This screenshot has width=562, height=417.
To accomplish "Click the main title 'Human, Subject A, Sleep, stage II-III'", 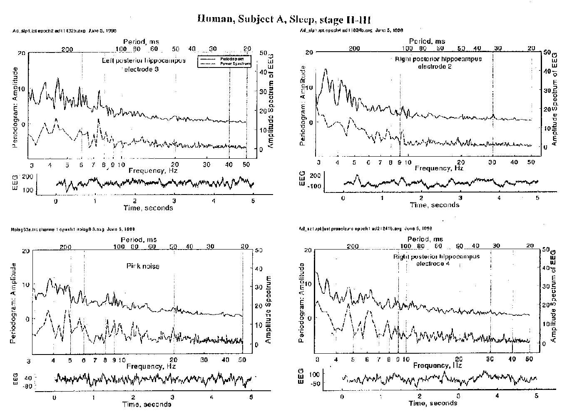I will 284,19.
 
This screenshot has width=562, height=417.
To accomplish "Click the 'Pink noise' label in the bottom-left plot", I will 143,266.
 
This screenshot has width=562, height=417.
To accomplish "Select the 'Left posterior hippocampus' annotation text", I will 144,61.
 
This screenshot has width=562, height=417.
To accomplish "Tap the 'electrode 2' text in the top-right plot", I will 438,66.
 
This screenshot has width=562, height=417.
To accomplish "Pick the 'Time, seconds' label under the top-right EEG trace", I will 435,205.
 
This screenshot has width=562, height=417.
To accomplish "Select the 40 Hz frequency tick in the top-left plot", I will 229,165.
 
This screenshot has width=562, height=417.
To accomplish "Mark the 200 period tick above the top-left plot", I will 67,49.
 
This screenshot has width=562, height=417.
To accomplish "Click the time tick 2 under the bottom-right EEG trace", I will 419,396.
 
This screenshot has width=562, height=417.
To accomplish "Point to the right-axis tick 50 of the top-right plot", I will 547,52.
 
